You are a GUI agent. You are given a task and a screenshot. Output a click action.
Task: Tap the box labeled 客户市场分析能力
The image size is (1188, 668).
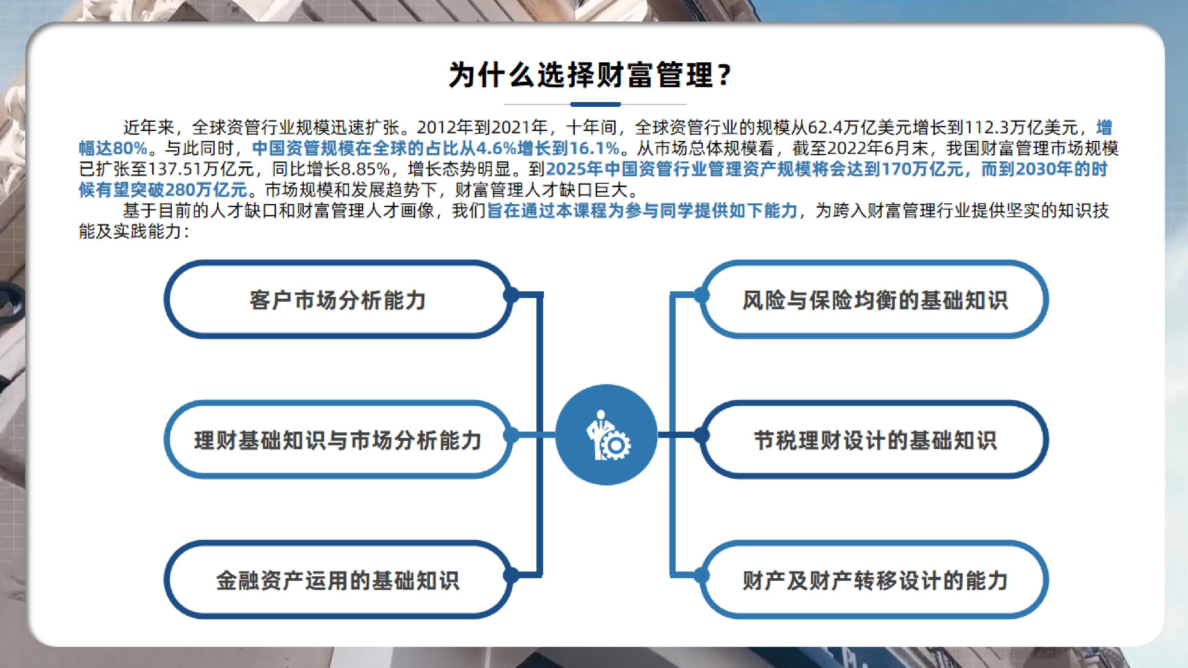[x=338, y=299]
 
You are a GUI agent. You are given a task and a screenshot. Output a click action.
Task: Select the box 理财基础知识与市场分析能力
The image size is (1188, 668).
[x=338, y=439]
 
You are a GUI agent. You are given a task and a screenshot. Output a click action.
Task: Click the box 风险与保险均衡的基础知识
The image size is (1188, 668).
[x=874, y=299]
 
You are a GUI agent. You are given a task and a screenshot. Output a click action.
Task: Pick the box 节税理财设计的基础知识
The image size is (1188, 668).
[x=874, y=439]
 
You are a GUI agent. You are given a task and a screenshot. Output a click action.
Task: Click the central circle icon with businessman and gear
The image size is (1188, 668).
[x=606, y=435]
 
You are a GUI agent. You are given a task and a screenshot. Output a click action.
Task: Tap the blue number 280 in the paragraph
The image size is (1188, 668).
[x=179, y=190]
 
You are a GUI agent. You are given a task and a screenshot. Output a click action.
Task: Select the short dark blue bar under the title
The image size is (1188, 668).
[x=595, y=104]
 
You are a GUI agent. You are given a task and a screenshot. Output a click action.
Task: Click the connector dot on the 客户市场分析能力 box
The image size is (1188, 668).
[x=510, y=295]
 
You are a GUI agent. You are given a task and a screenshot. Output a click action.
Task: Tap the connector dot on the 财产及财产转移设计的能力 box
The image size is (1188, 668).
[x=701, y=575]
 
